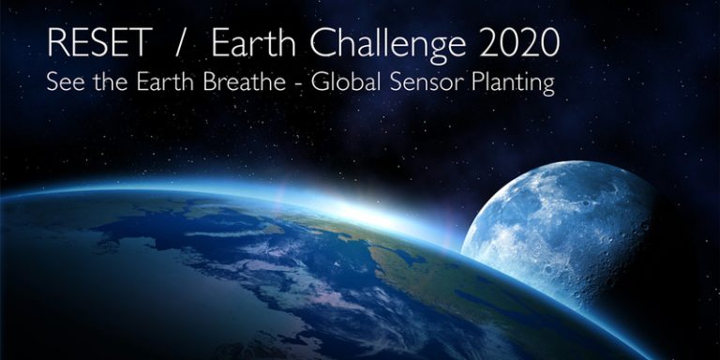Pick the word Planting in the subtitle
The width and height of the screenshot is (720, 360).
point(507,83)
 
